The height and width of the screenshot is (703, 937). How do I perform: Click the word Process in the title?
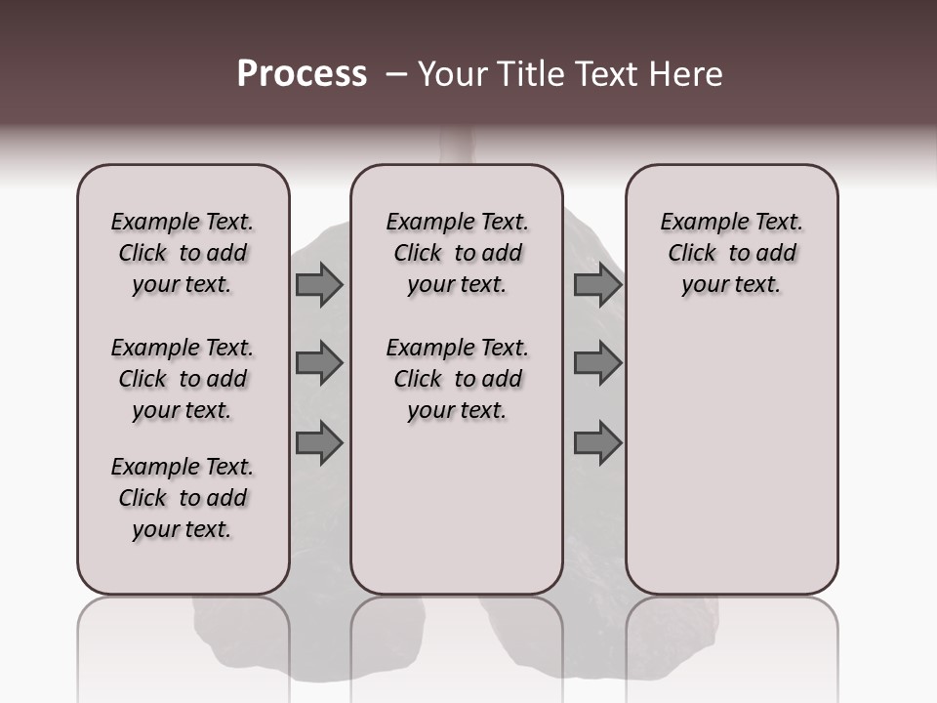302,74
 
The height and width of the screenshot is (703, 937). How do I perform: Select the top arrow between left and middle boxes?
319,284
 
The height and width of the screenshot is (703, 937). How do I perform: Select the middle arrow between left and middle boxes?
319,363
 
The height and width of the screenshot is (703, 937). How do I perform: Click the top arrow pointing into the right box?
597,284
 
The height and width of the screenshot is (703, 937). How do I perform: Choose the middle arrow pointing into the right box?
597,363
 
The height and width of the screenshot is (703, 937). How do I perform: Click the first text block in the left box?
183,253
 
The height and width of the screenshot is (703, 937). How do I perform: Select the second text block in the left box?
183,379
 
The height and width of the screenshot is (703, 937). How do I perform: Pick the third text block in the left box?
183,498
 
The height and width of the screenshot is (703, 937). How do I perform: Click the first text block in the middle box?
457,253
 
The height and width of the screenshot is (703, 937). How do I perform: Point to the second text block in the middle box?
457,379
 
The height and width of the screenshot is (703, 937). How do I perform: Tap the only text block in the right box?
731,253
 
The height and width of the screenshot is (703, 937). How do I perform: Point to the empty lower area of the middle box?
457,508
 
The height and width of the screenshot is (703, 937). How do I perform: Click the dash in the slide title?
396,74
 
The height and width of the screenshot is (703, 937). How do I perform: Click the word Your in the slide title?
452,74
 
